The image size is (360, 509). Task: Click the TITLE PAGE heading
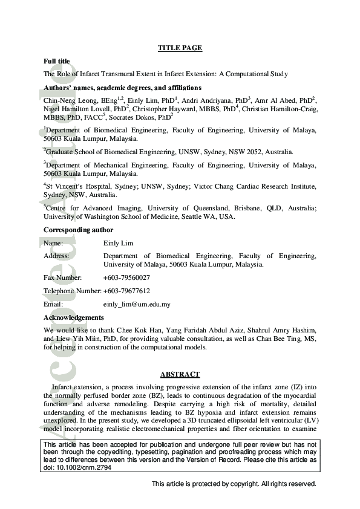click(180, 48)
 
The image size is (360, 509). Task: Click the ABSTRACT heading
click(180, 375)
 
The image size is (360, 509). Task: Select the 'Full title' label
click(57, 61)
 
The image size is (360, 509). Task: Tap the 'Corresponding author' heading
click(78, 230)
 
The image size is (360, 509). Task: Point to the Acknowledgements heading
click(74, 317)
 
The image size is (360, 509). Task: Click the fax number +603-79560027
click(126, 277)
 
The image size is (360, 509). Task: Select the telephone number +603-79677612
click(126, 291)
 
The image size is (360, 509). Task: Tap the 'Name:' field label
click(53, 243)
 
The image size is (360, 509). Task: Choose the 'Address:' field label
click(56, 256)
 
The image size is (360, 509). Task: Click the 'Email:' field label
click(53, 304)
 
